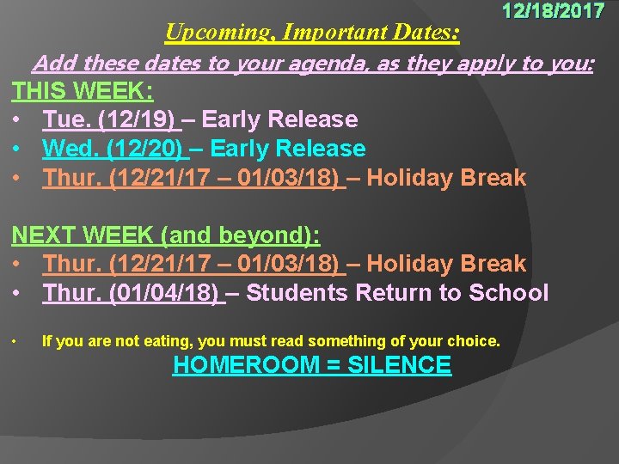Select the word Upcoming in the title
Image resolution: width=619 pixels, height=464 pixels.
click(207, 33)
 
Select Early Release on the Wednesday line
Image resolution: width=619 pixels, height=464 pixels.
click(288, 149)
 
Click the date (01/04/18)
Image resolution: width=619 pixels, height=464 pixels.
click(164, 293)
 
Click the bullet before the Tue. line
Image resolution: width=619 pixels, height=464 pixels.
click(17, 119)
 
